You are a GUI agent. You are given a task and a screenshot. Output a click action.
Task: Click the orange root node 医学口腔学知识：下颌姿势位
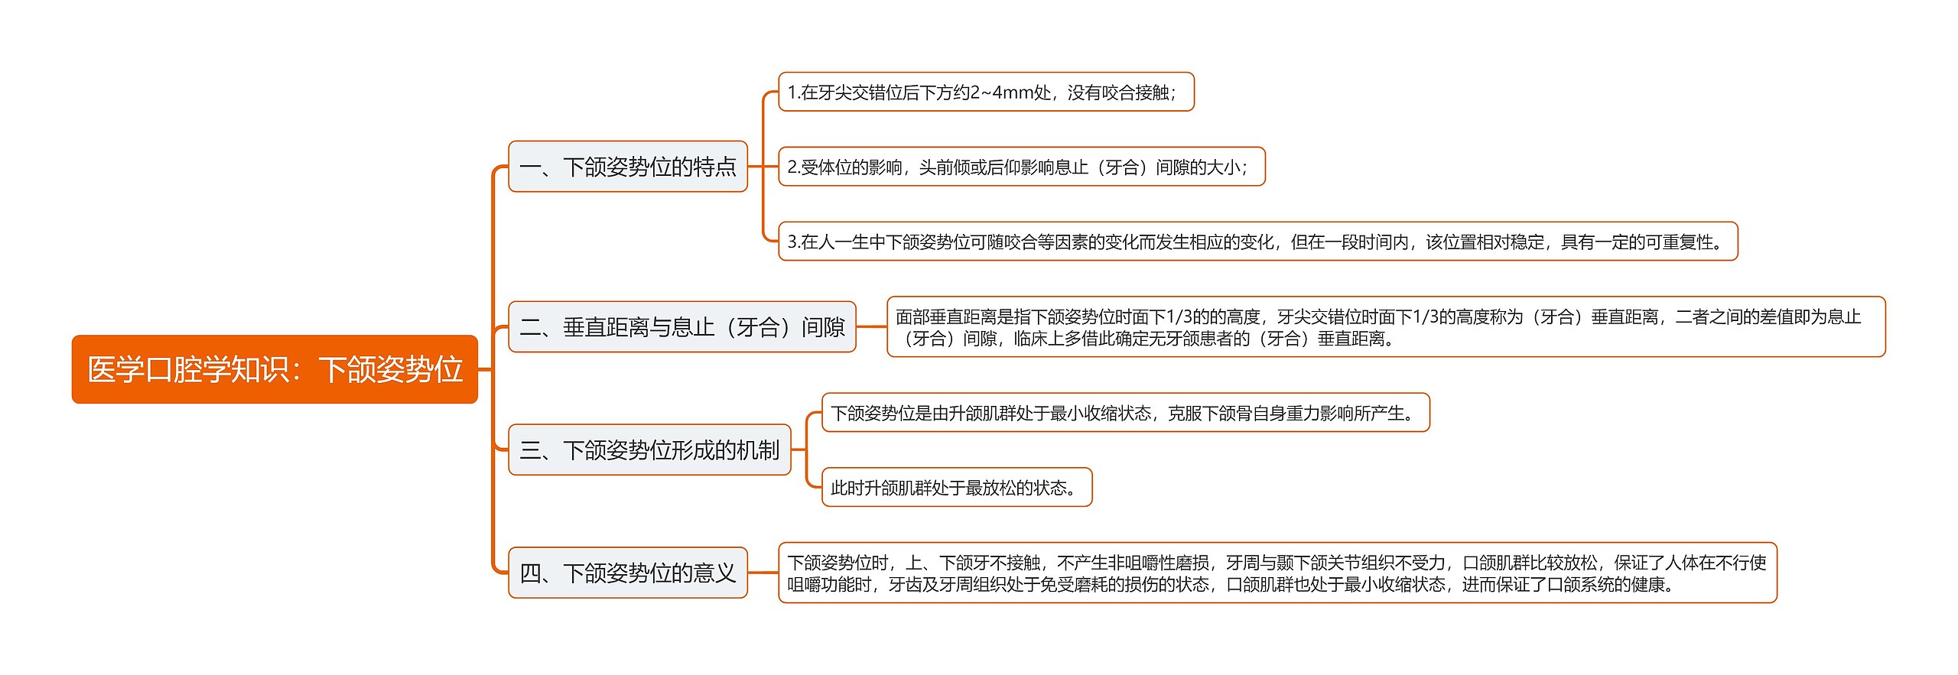pyautogui.click(x=275, y=369)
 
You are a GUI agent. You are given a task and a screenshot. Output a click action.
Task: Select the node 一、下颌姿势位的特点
pyautogui.click(x=627, y=167)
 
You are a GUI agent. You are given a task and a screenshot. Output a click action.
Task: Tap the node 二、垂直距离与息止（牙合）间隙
pyautogui.click(x=681, y=327)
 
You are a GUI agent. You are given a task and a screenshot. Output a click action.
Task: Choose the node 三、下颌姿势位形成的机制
pyautogui.click(x=649, y=450)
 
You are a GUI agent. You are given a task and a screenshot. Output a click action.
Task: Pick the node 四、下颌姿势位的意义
pyautogui.click(x=627, y=573)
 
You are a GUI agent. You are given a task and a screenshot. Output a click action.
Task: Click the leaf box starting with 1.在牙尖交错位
pyautogui.click(x=985, y=92)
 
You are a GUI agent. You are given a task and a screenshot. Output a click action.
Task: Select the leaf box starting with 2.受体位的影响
pyautogui.click(x=1021, y=167)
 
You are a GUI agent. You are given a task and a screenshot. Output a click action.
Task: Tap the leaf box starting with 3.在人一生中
pyautogui.click(x=1257, y=242)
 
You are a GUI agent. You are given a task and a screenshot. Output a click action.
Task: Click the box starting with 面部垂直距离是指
pyautogui.click(x=1385, y=327)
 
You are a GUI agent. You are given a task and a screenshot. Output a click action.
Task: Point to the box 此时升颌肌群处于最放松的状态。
pyautogui.click(x=956, y=488)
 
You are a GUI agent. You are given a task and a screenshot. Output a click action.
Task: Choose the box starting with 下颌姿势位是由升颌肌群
pyautogui.click(x=1124, y=413)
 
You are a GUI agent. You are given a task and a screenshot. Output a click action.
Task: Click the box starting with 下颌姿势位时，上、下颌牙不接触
pyautogui.click(x=1277, y=573)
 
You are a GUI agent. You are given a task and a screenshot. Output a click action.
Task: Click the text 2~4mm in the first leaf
pyautogui.click(x=1000, y=92)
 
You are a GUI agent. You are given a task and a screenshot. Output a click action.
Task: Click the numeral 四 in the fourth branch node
pyautogui.click(x=530, y=573)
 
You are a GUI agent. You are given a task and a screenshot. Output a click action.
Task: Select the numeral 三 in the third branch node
pyautogui.click(x=530, y=450)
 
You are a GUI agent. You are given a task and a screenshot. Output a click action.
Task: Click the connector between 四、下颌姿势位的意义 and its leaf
pyautogui.click(x=763, y=573)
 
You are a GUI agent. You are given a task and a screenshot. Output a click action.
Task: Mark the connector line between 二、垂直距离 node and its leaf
pyautogui.click(x=871, y=327)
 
